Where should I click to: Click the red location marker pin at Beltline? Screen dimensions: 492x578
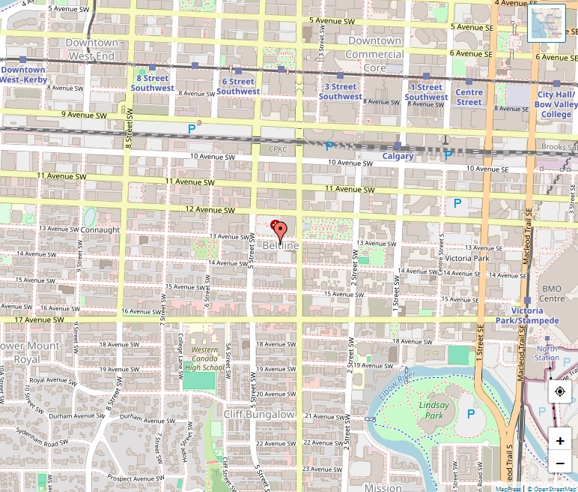coord(279,231)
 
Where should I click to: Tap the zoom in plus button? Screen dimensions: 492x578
coord(560,440)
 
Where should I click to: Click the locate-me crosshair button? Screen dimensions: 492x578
coord(560,391)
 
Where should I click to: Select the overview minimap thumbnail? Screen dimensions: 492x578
coord(546,23)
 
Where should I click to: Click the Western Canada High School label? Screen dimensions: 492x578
coord(204,358)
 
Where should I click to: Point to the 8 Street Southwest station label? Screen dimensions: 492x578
coord(152,82)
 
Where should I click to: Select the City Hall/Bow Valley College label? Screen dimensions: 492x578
coord(556,104)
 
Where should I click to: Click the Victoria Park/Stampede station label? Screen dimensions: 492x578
coord(527,316)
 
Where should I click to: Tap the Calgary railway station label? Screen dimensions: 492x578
coord(398,156)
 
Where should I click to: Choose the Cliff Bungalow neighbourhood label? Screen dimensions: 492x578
coord(259,414)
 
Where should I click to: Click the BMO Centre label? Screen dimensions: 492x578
coord(552,293)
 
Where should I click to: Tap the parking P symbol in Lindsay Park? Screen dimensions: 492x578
coord(471,413)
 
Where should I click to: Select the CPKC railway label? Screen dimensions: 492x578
coord(278,149)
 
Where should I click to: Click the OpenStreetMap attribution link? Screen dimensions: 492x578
coord(554,488)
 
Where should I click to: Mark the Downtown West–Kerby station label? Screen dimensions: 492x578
coord(22,74)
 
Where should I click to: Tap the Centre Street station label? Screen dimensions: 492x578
coord(469,97)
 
